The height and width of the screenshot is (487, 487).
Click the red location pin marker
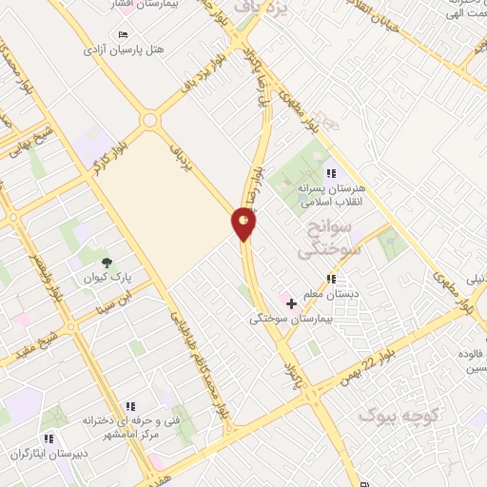pos(244,224)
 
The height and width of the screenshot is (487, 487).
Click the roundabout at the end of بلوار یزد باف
pos(149,121)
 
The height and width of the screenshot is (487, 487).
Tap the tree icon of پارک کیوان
pos(106,263)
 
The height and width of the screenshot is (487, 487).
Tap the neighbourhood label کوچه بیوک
pos(393,416)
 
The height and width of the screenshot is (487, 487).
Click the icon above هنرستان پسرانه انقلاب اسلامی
pos(331,173)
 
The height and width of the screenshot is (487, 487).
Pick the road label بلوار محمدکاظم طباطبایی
pos(203,357)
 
